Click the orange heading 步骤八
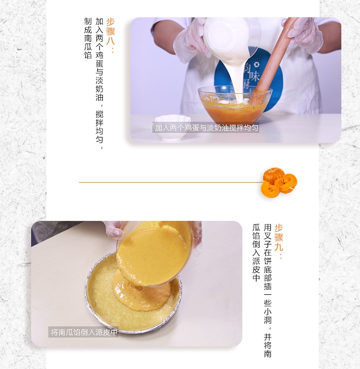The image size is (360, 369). [111, 32]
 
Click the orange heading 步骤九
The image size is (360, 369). [279, 237]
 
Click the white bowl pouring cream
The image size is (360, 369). [226, 38]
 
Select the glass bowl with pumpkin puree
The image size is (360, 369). [235, 105]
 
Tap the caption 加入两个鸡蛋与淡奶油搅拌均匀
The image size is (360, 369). [206, 127]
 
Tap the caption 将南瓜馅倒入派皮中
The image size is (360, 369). [84, 332]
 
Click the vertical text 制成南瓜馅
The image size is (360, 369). [88, 38]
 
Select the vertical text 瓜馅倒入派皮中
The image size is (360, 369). [256, 253]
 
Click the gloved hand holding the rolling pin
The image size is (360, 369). [304, 33]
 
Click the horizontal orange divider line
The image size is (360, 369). [171, 182]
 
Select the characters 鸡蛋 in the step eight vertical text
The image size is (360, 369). [99, 59]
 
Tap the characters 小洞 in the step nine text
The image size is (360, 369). [268, 316]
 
